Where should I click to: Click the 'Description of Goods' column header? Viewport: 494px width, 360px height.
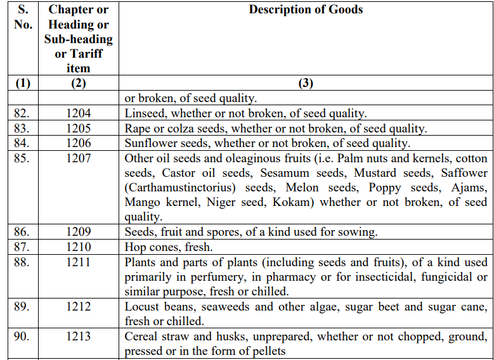306,10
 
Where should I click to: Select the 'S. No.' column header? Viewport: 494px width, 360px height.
22,17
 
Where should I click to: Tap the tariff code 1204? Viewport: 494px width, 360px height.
78,113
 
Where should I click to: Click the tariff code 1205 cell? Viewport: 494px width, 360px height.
78,129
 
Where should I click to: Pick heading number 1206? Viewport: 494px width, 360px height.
78,143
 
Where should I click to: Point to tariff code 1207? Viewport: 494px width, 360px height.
78,158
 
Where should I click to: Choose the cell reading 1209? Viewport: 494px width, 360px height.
78,232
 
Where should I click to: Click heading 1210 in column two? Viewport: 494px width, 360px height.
78,247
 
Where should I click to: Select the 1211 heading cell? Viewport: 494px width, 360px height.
78,262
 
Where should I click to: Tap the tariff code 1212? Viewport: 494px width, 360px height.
78,307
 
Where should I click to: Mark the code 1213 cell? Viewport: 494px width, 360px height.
78,337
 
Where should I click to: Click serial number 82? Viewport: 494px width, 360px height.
21,113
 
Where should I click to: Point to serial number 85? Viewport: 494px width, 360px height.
21,158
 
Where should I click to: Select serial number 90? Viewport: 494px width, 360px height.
21,337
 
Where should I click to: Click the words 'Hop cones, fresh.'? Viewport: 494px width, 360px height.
168,247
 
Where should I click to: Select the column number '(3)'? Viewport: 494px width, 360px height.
306,84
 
